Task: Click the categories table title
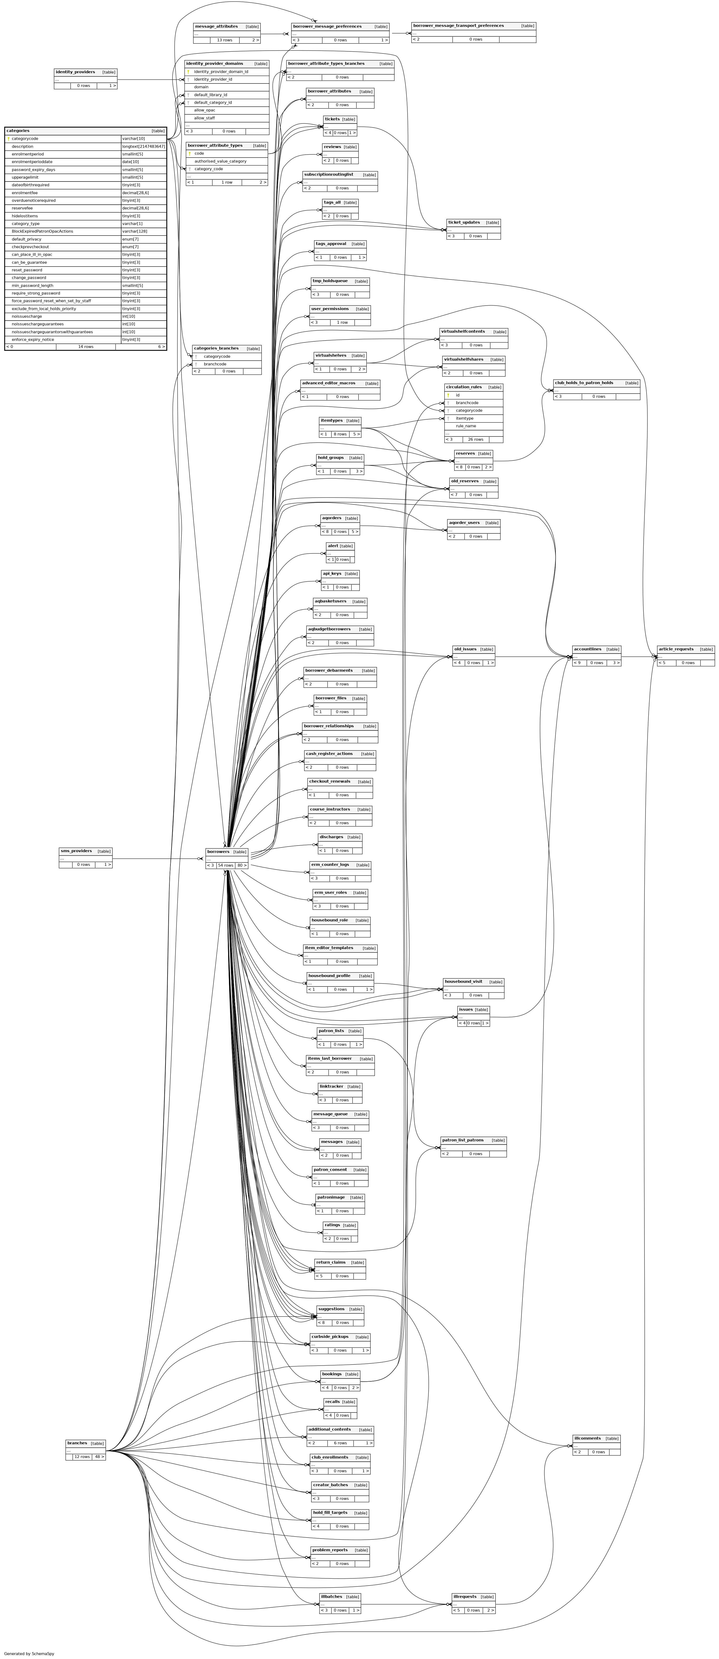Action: [x=18, y=131]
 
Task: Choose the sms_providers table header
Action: [x=76, y=851]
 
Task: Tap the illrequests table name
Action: [x=464, y=1597]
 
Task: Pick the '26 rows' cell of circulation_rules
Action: [x=476, y=439]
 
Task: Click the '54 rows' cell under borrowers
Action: [x=226, y=865]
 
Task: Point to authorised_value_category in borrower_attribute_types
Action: [x=220, y=161]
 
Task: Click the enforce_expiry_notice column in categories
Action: [x=33, y=339]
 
